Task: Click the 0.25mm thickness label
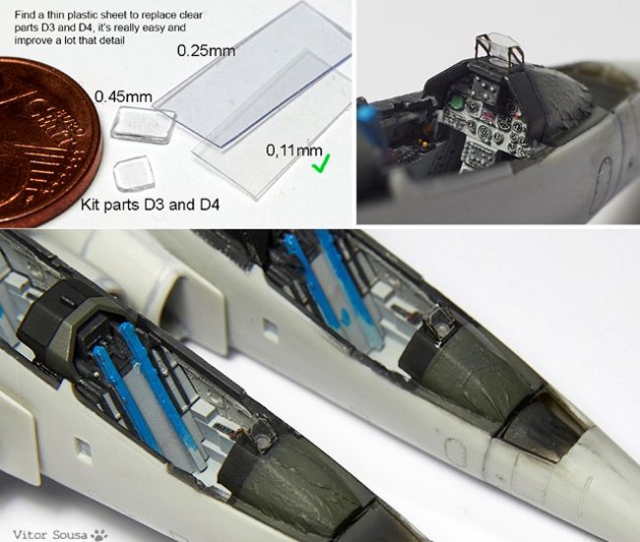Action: (x=206, y=51)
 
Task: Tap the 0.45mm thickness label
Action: (x=123, y=96)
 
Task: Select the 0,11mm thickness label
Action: (x=294, y=151)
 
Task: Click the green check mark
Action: (x=322, y=163)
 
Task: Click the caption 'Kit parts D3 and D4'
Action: (x=150, y=205)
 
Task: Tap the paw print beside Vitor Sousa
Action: (x=98, y=534)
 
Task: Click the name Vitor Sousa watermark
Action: (x=50, y=534)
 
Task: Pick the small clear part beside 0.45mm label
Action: (x=144, y=124)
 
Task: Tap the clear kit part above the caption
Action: (x=134, y=174)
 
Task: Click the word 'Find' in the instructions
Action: (x=24, y=16)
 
